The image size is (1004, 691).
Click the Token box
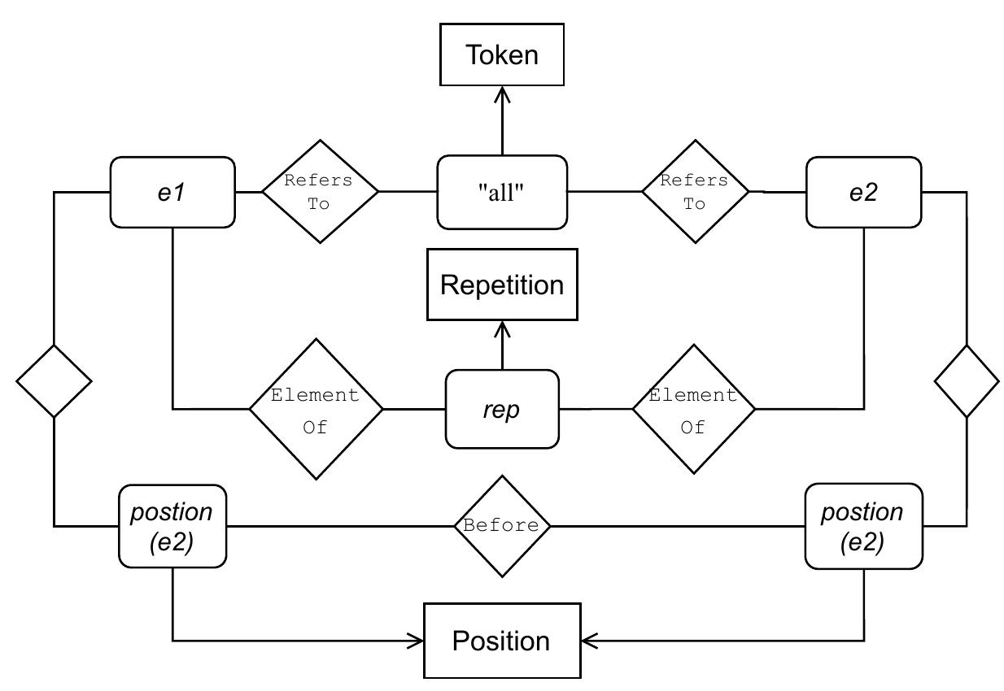502,54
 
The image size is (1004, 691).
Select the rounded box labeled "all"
502,193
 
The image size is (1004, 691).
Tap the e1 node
172,193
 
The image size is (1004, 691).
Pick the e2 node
863,193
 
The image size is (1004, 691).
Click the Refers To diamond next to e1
320,192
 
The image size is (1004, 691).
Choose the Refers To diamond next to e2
695,192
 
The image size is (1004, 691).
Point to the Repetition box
502,285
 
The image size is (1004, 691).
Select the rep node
502,409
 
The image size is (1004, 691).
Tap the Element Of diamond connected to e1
316,409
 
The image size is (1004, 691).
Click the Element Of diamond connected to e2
693,409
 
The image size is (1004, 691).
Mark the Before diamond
502,526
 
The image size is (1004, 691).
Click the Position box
502,641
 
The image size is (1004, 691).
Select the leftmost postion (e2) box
172,526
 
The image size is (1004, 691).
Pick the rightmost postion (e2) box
863,526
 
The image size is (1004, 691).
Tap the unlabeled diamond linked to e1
54,380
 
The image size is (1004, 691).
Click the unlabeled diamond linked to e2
967,380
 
